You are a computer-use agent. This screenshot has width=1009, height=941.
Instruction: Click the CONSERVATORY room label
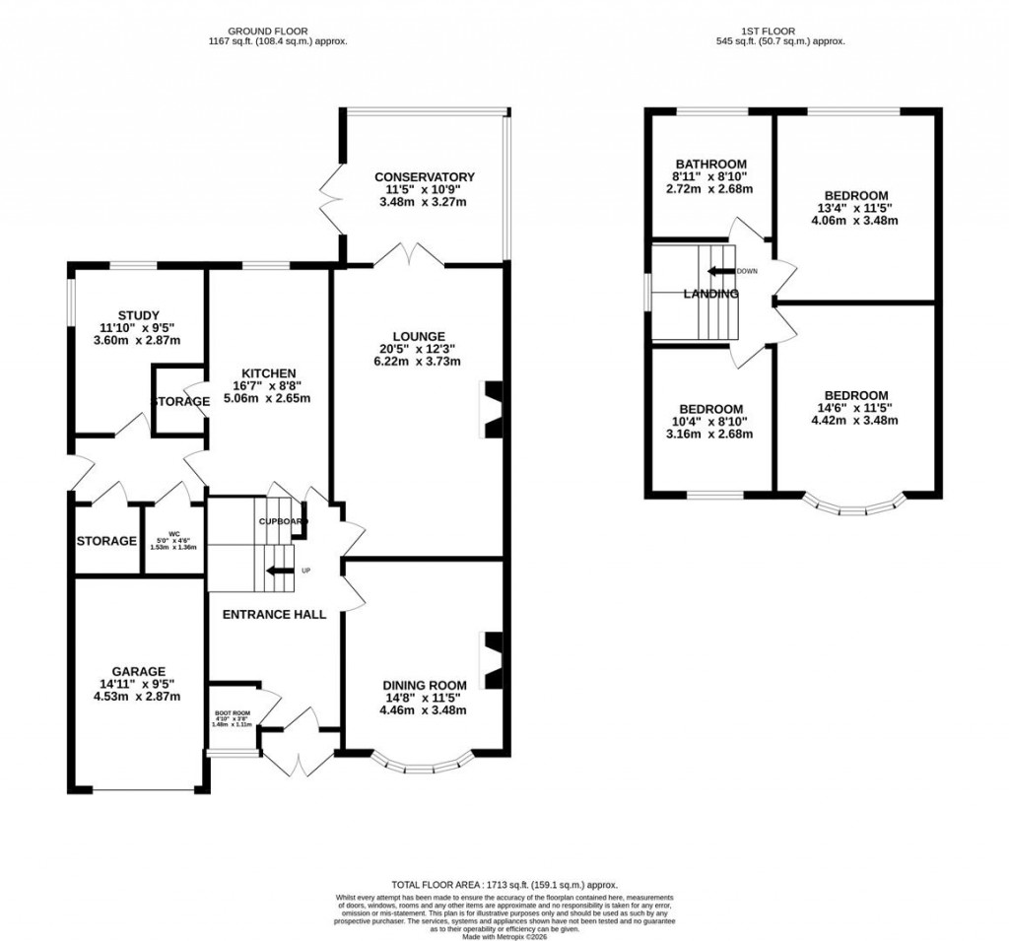(425, 176)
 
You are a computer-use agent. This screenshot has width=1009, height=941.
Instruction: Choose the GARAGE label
(137, 671)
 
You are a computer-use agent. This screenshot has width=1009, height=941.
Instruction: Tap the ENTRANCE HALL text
(274, 614)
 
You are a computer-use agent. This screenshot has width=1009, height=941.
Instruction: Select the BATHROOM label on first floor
(710, 164)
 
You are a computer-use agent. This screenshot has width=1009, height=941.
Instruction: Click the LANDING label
(711, 294)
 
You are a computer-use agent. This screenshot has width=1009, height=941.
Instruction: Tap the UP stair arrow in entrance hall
(282, 570)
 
